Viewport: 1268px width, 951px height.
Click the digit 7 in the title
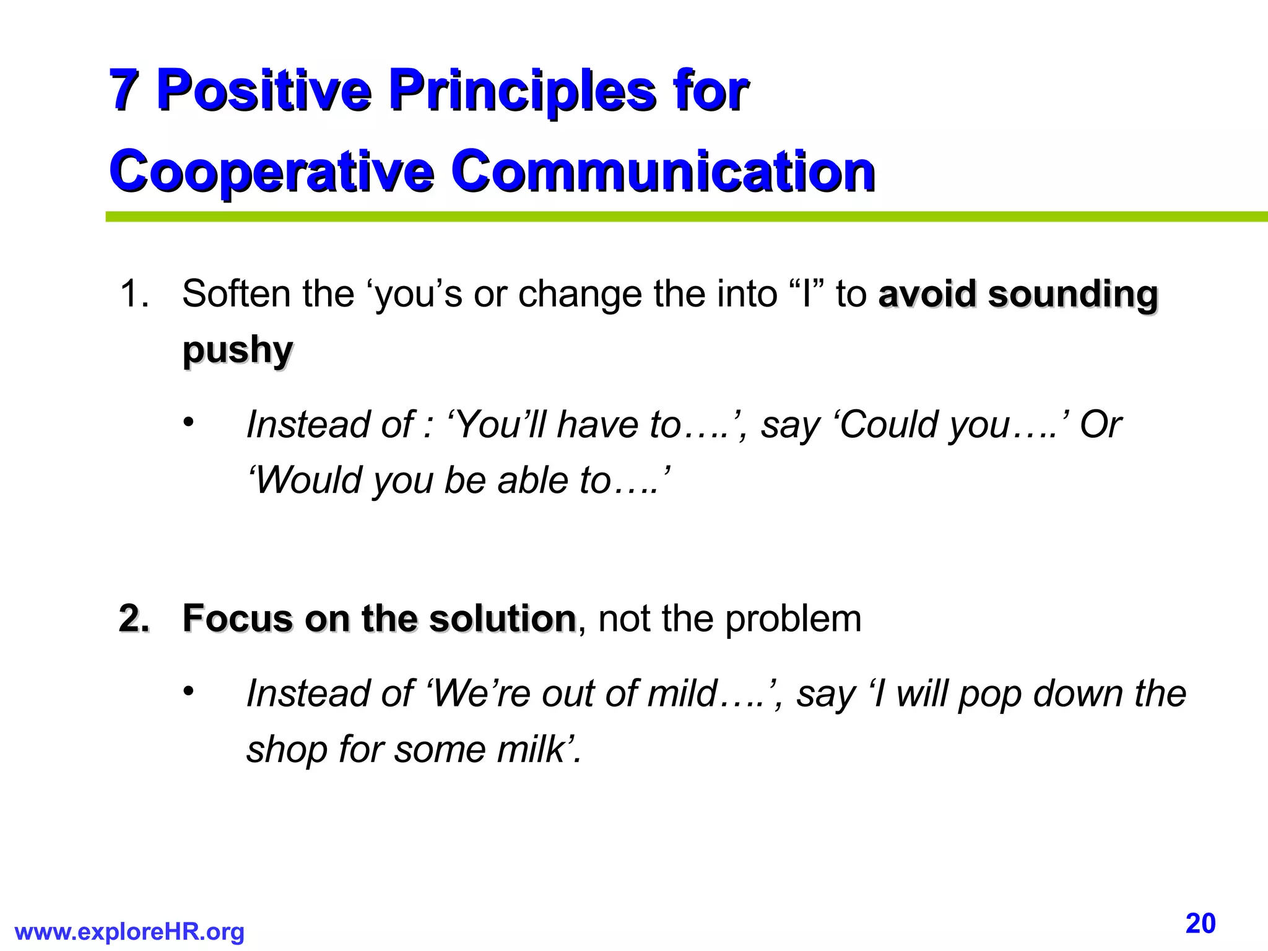coord(123,90)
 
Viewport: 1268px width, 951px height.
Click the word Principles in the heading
coord(523,90)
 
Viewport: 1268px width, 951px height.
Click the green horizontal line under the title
coord(681,217)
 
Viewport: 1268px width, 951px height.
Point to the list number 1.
coord(134,293)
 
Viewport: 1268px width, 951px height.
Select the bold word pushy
coord(238,350)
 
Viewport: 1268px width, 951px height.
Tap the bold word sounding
coord(1072,293)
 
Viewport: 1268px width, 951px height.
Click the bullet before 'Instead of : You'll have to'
coord(188,423)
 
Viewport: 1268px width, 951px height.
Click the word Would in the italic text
coord(309,480)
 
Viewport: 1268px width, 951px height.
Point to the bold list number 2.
coord(134,619)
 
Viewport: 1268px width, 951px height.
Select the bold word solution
coord(503,619)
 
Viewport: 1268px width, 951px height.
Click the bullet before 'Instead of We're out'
coord(188,692)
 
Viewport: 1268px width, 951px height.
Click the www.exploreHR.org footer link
coord(129,932)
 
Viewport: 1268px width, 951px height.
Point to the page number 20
coord(1201,924)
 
